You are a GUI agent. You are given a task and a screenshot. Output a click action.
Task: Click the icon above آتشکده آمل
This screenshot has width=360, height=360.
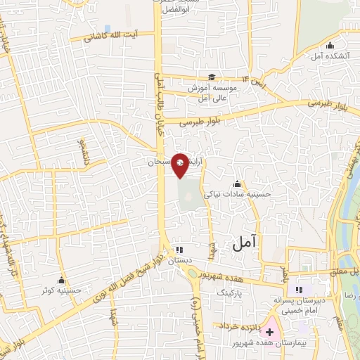click(x=330, y=46)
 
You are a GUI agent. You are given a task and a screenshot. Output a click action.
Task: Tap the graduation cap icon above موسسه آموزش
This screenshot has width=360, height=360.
click(x=211, y=78)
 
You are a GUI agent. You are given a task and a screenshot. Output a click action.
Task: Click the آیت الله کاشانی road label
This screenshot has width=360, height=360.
click(x=110, y=36)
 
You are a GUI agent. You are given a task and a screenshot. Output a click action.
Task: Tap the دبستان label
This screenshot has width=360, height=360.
click(x=180, y=260)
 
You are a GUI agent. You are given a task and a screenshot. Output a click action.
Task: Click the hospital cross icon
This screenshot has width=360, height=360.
click(x=269, y=331)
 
